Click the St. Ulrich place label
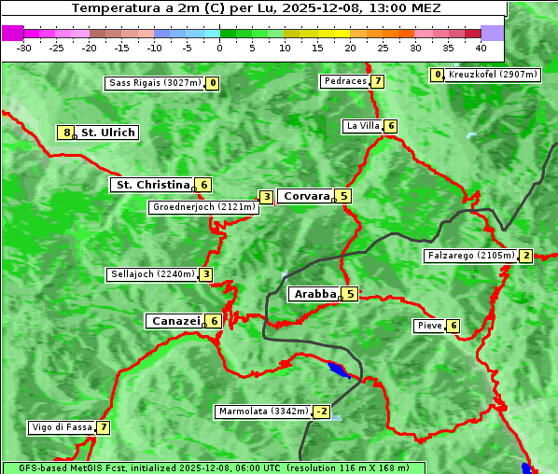(108, 132)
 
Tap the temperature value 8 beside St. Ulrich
(66, 132)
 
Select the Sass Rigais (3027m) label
(154, 83)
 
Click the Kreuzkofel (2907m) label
(493, 75)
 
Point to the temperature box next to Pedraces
(377, 81)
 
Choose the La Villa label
(362, 126)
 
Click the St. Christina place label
(151, 185)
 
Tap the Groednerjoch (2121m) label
(203, 207)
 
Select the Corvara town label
(306, 196)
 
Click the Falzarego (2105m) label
(471, 256)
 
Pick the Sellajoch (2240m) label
(151, 274)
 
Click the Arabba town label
(314, 294)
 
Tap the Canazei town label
(174, 321)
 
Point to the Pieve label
(429, 326)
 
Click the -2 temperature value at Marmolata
(322, 411)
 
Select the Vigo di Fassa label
(63, 427)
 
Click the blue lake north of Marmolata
(339, 370)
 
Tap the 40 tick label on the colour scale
(481, 47)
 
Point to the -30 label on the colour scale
(24, 47)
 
